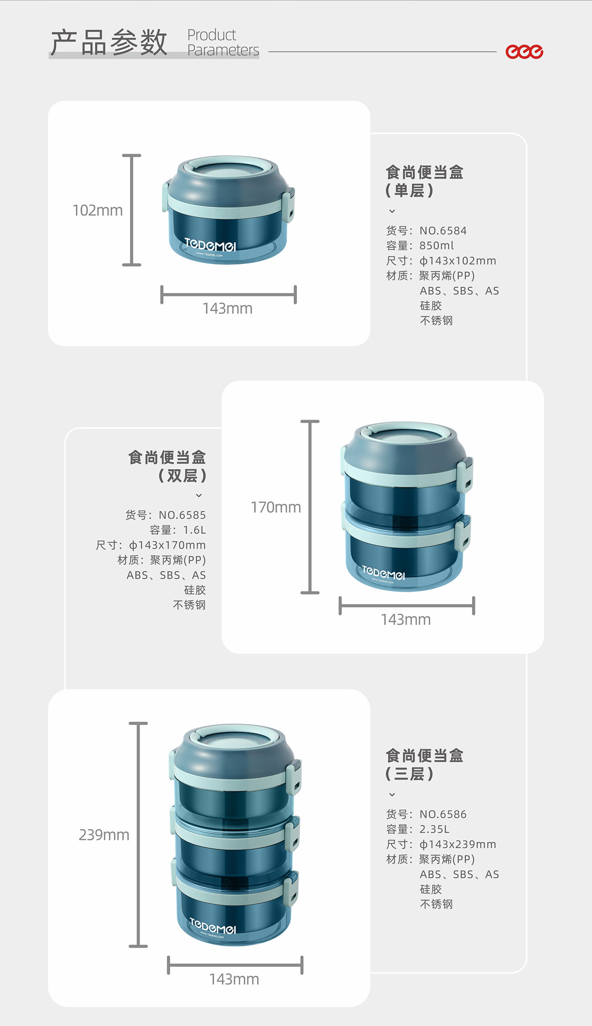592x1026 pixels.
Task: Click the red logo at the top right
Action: click(x=524, y=51)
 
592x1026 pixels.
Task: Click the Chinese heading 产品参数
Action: click(x=109, y=42)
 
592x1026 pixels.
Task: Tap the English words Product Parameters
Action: click(x=223, y=42)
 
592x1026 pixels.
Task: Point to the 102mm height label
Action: click(x=98, y=210)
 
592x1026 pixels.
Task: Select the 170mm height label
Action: click(x=276, y=507)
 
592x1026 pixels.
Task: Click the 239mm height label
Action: click(x=104, y=835)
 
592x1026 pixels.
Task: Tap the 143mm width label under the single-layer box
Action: click(x=227, y=308)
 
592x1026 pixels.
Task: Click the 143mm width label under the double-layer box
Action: click(x=406, y=619)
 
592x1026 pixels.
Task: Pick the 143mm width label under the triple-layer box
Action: click(x=234, y=979)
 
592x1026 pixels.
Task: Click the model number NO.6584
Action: click(x=443, y=230)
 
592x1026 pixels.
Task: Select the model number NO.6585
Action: click(x=182, y=515)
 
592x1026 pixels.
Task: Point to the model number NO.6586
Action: click(x=443, y=814)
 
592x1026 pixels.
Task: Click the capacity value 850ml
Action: click(x=437, y=246)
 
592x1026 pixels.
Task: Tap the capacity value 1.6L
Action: click(x=194, y=530)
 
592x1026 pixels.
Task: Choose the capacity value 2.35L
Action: click(x=434, y=829)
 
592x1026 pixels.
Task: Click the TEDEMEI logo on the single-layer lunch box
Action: click(x=210, y=245)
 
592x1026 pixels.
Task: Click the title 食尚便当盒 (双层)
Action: click(x=167, y=466)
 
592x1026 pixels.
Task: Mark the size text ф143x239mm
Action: click(x=458, y=844)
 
